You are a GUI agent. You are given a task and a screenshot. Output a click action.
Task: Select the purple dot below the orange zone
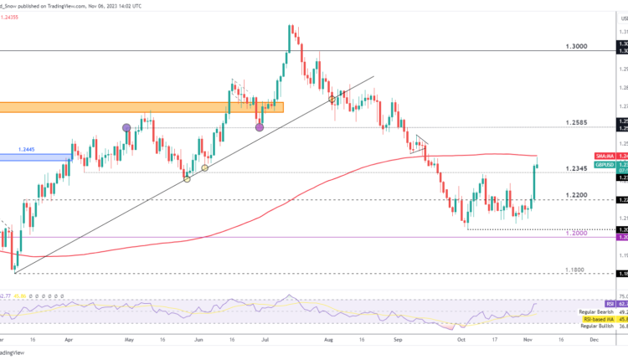(x=259, y=127)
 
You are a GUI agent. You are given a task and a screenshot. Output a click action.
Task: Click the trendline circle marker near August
(x=332, y=100)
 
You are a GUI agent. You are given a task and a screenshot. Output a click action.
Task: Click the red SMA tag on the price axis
(x=605, y=157)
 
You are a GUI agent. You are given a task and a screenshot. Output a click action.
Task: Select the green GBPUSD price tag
(x=605, y=166)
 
